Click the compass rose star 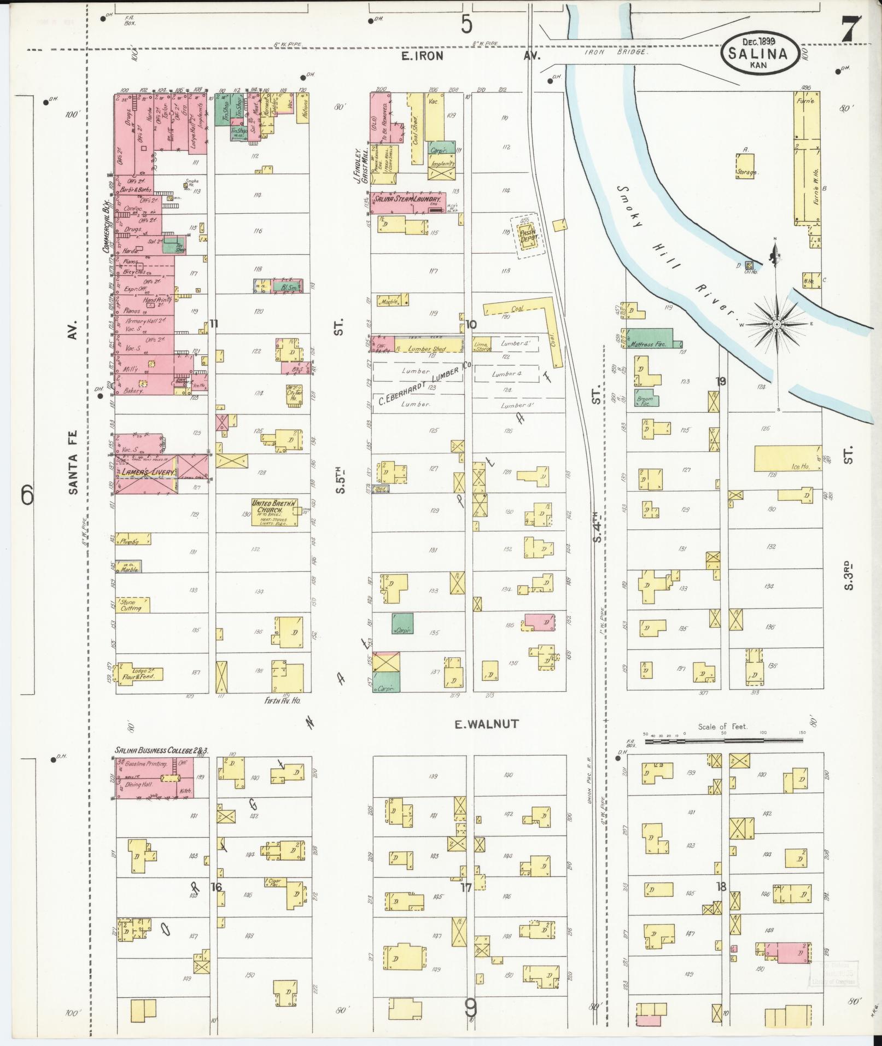coord(776,324)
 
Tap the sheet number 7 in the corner coord(851,28)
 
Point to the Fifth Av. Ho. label coord(283,700)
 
